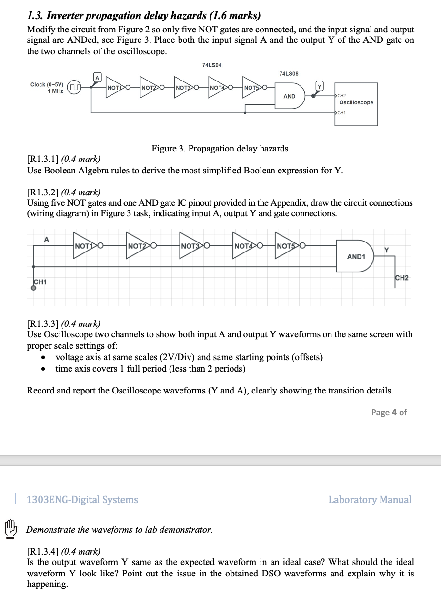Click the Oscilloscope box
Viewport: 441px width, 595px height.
tap(356, 104)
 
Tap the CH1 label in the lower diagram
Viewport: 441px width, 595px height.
tap(40, 282)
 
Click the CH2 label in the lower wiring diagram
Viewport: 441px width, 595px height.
tap(401, 278)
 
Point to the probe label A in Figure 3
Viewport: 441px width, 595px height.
tap(97, 77)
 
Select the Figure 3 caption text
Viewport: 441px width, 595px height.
tap(220, 149)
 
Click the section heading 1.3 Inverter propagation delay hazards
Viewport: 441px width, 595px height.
tap(143, 16)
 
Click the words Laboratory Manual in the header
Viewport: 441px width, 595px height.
tap(370, 499)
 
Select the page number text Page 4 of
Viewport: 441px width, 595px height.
tap(389, 412)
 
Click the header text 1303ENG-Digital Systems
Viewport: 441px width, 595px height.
tap(82, 499)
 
